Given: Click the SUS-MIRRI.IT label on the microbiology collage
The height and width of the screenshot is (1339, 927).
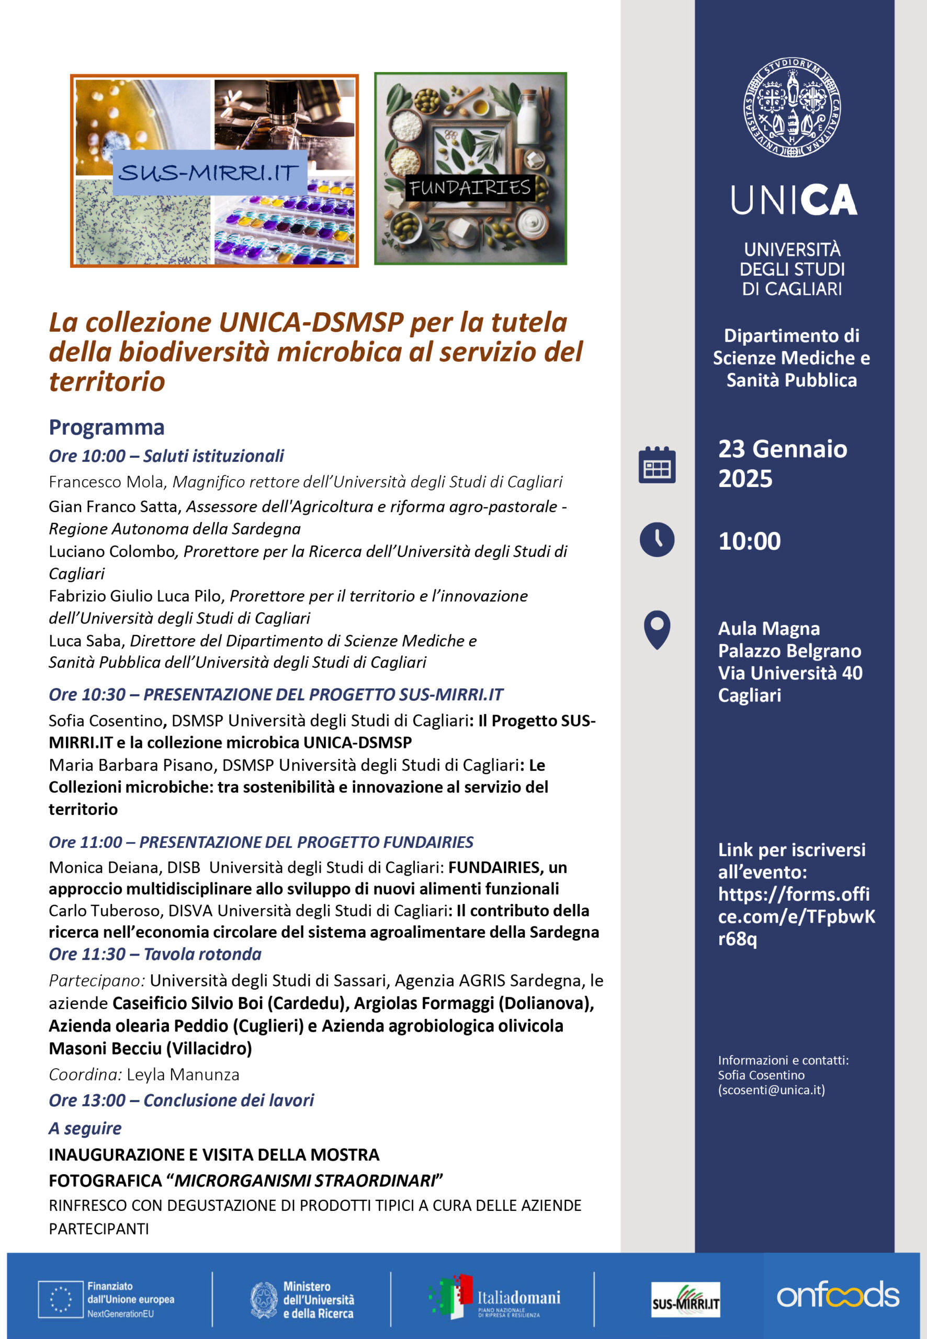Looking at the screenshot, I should (x=209, y=173).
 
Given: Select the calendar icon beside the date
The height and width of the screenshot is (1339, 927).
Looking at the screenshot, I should (x=657, y=465).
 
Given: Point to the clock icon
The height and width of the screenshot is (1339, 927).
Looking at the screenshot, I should (x=657, y=539).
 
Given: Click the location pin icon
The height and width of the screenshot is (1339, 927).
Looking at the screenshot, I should (x=657, y=629).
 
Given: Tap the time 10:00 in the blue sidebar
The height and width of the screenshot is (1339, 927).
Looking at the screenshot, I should (x=749, y=541).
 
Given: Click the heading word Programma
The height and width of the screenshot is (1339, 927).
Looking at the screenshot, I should (x=107, y=427).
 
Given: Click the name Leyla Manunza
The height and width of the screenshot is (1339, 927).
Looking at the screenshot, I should (x=183, y=1075).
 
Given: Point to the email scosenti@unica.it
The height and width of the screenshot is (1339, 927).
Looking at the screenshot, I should (x=771, y=1090).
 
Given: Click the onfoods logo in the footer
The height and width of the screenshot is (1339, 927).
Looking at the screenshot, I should (x=838, y=1296).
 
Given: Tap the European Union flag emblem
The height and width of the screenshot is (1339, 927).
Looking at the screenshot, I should (x=60, y=1299).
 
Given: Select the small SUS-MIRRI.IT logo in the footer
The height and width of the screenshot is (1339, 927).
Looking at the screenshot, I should (x=685, y=1299).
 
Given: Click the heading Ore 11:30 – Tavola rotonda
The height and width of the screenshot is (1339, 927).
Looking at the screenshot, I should (x=155, y=954).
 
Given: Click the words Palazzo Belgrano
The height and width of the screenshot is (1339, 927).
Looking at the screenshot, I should (x=789, y=651).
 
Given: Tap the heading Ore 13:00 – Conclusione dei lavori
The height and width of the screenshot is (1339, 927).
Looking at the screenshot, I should (x=181, y=1100).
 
